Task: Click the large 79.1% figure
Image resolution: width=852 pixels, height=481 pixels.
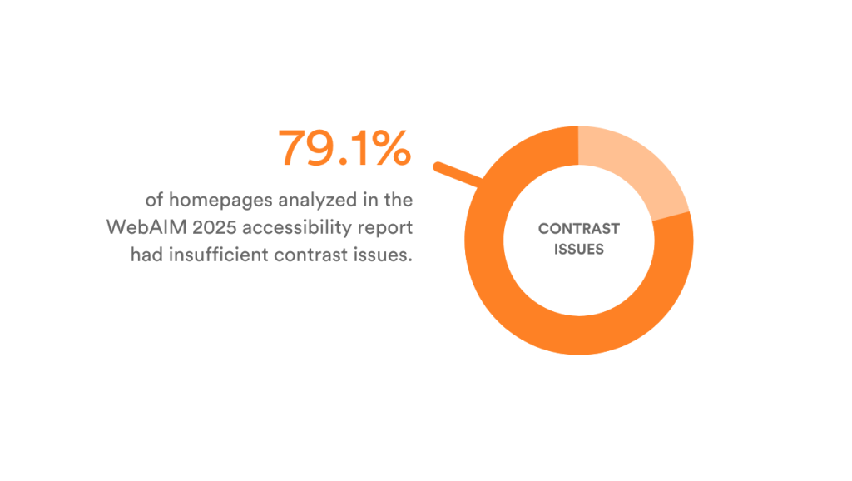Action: click(x=344, y=148)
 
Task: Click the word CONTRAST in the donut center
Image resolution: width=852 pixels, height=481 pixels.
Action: click(x=579, y=229)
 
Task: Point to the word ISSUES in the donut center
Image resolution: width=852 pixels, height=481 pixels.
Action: click(x=579, y=249)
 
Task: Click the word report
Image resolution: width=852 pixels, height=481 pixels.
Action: click(x=389, y=227)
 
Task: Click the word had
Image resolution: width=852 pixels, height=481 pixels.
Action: click(x=146, y=255)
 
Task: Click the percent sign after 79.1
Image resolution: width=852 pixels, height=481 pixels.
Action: click(x=388, y=148)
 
